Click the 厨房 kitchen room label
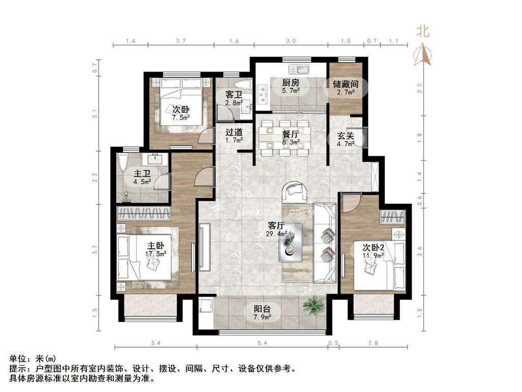291,83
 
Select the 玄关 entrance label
345,136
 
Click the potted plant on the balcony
312,306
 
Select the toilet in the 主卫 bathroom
122,163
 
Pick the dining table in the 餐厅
283,137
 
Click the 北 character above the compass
423,32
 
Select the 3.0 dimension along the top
291,40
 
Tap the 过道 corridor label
234,132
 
